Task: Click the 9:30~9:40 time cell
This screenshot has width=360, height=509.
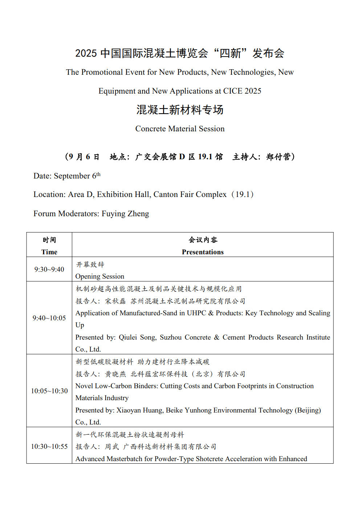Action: coord(49,270)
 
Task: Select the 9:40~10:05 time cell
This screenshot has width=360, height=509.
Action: coord(49,318)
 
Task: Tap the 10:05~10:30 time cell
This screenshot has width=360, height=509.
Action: coord(49,391)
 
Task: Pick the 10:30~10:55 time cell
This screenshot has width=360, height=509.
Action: coord(49,447)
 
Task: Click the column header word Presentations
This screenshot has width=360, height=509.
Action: coord(202,252)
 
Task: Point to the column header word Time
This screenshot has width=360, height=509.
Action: coord(49,252)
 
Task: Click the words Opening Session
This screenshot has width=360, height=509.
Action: coord(100,276)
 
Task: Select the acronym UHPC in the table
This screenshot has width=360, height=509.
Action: coord(196,313)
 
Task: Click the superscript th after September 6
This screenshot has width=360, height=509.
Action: coord(98,174)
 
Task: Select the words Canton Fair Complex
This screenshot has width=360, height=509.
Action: coord(190,194)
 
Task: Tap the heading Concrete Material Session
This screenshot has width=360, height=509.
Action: coord(180,129)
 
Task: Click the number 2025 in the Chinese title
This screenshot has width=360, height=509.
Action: coord(86,53)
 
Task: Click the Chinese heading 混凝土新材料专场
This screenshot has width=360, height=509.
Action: coord(180,110)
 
